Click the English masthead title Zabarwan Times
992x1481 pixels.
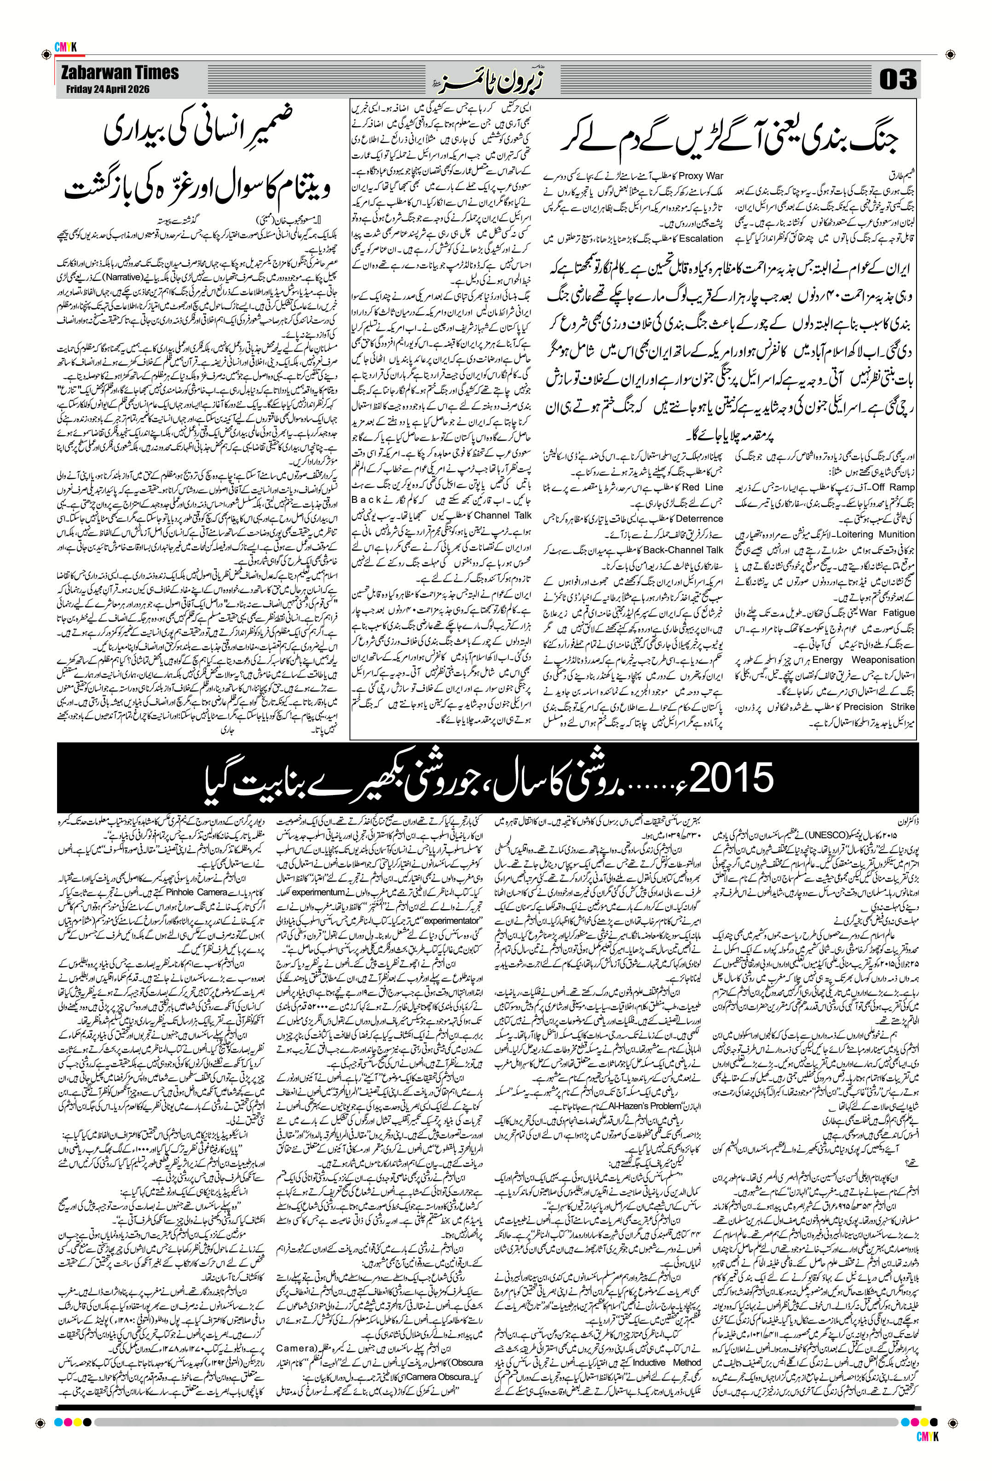120,73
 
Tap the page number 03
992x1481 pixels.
898,80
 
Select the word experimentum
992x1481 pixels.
318,892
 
